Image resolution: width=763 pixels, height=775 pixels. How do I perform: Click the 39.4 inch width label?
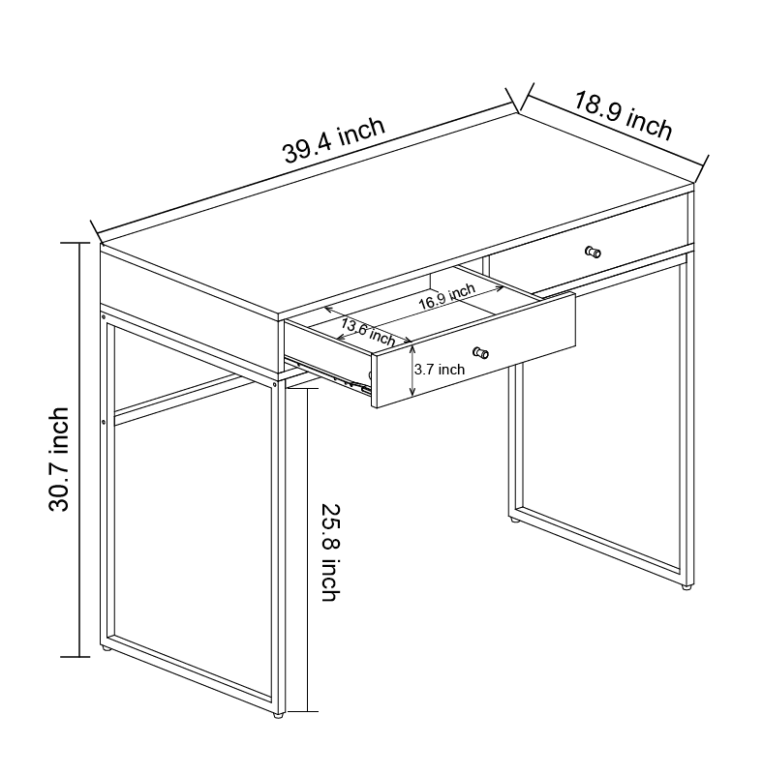(333, 140)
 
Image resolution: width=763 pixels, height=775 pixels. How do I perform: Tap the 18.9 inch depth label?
(623, 116)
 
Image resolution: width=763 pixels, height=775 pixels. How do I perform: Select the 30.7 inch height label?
(58, 460)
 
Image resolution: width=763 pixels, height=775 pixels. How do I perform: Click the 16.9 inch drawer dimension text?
(447, 297)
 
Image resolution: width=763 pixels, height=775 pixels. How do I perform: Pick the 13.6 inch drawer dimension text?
(368, 333)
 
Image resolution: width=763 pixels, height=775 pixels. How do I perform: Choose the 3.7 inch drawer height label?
(440, 370)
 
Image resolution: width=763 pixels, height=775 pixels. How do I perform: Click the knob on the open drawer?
(480, 353)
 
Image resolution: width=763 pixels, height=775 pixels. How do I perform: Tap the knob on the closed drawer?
(593, 253)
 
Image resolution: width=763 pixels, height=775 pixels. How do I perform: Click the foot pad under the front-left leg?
(279, 715)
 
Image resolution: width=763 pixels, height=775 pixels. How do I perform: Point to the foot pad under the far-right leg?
(686, 587)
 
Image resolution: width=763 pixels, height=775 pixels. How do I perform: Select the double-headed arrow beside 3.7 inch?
(412, 371)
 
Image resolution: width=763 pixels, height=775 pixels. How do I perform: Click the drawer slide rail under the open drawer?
(329, 375)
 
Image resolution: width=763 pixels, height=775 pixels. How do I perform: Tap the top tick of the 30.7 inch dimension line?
(75, 243)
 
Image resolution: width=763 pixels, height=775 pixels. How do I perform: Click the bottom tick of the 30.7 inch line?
(75, 657)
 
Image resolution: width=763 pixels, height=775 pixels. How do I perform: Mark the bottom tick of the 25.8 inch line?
(303, 712)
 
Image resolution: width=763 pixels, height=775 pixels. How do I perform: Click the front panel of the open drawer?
(474, 350)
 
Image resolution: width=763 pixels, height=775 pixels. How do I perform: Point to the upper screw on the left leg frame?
(104, 316)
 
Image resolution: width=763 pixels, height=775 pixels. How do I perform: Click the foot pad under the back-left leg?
(106, 648)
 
